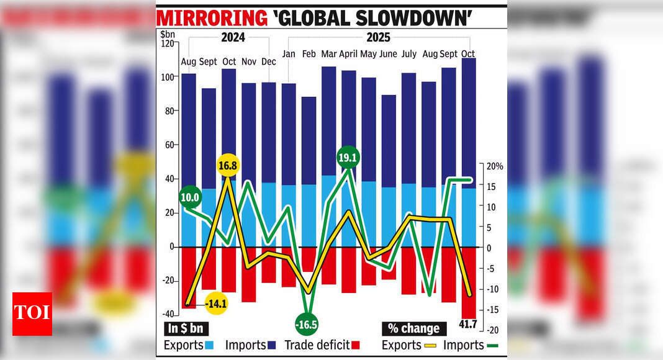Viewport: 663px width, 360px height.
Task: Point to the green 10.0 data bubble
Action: pyautogui.click(x=189, y=197)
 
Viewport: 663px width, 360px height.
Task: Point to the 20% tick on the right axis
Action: pyautogui.click(x=495, y=166)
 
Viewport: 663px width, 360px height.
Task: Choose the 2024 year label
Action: pyautogui.click(x=233, y=37)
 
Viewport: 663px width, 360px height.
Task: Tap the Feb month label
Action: pyautogui.click(x=309, y=54)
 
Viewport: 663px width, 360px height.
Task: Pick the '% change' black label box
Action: pyautogui.click(x=413, y=328)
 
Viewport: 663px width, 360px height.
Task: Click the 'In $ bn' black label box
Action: pyautogui.click(x=186, y=328)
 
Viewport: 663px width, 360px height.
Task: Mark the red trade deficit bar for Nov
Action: pyautogui.click(x=249, y=274)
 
